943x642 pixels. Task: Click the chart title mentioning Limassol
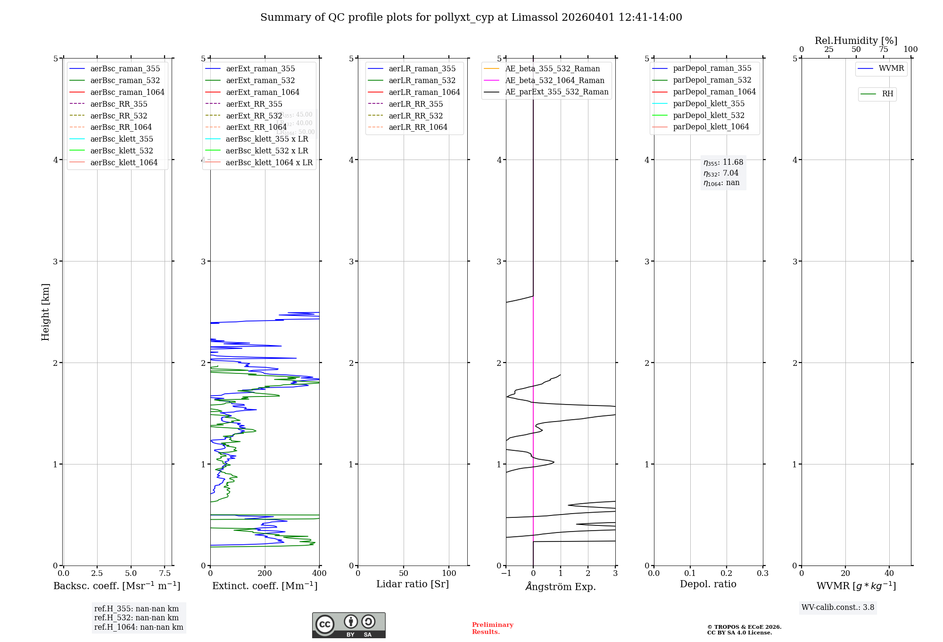(471, 17)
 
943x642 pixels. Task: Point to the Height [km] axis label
(45, 312)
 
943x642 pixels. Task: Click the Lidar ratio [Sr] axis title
(413, 584)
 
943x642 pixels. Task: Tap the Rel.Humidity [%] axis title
(856, 41)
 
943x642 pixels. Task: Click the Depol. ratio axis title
(708, 584)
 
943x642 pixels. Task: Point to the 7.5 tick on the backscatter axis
(165, 573)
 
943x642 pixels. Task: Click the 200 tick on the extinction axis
(265, 573)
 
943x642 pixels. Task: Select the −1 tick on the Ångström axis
(506, 573)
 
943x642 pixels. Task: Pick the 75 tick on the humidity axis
(883, 50)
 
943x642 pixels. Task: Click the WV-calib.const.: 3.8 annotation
(838, 608)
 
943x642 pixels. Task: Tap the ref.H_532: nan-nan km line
(136, 618)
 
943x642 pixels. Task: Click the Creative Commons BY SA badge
(348, 625)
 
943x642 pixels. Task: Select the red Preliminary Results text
(492, 628)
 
